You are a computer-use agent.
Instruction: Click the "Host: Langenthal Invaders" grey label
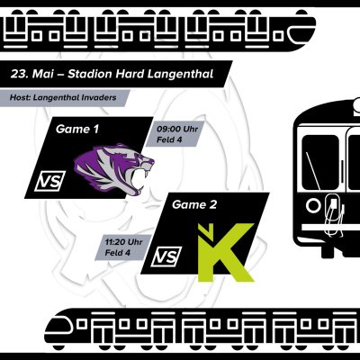point(63,97)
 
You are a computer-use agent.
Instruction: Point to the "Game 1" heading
point(77,130)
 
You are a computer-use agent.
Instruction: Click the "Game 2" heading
point(194,205)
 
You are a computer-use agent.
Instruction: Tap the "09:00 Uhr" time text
point(177,130)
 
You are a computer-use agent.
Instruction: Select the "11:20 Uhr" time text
point(123,242)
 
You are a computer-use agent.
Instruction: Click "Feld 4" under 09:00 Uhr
point(169,139)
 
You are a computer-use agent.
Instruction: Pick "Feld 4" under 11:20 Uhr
point(117,253)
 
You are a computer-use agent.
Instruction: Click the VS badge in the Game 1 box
point(49,181)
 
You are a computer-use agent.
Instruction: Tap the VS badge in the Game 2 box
point(166,256)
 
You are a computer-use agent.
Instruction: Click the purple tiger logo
point(114,169)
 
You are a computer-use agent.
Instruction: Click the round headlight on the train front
point(314,206)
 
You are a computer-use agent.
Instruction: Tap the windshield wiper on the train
point(313,171)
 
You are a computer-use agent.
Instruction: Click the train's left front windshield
point(320,162)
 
